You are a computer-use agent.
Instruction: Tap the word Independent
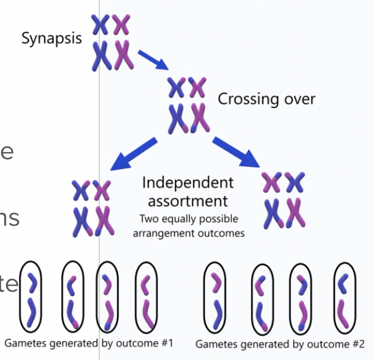tap(188, 182)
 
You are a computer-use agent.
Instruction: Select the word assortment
tap(188, 200)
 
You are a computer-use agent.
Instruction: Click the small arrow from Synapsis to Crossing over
tap(153, 60)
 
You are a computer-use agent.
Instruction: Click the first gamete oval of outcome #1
tap(31, 296)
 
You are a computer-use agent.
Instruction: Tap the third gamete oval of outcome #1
tap(107, 296)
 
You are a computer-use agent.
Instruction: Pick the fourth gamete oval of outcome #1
tap(146, 296)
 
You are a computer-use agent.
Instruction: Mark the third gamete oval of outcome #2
tap(301, 296)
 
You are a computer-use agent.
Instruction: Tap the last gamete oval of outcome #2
tap(344, 296)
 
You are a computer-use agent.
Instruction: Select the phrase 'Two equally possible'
tap(188, 219)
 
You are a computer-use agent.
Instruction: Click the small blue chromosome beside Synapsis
tap(100, 24)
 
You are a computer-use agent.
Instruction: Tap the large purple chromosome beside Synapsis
tap(123, 55)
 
